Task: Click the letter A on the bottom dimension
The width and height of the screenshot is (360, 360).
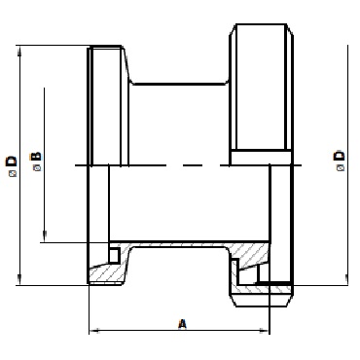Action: pos(183,324)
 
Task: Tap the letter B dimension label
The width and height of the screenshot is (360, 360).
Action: pos(36,157)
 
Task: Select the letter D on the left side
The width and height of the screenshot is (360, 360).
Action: pos(12,162)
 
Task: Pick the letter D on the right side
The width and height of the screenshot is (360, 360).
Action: pos(340,156)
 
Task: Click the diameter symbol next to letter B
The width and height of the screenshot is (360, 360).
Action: pos(37,168)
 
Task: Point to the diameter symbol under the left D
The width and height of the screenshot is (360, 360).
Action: pos(13,174)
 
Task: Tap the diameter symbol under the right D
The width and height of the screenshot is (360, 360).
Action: pos(341,167)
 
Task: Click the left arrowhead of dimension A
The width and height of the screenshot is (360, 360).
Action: pos(94,331)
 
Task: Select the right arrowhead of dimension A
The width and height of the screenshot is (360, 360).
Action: pos(265,331)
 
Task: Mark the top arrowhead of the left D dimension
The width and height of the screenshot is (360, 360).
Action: pos(20,51)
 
